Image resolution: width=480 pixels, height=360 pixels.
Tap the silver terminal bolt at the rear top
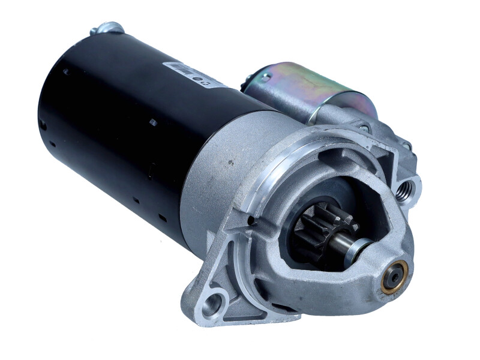tap(108, 28)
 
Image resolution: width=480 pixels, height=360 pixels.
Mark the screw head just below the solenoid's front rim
tap(364, 128)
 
